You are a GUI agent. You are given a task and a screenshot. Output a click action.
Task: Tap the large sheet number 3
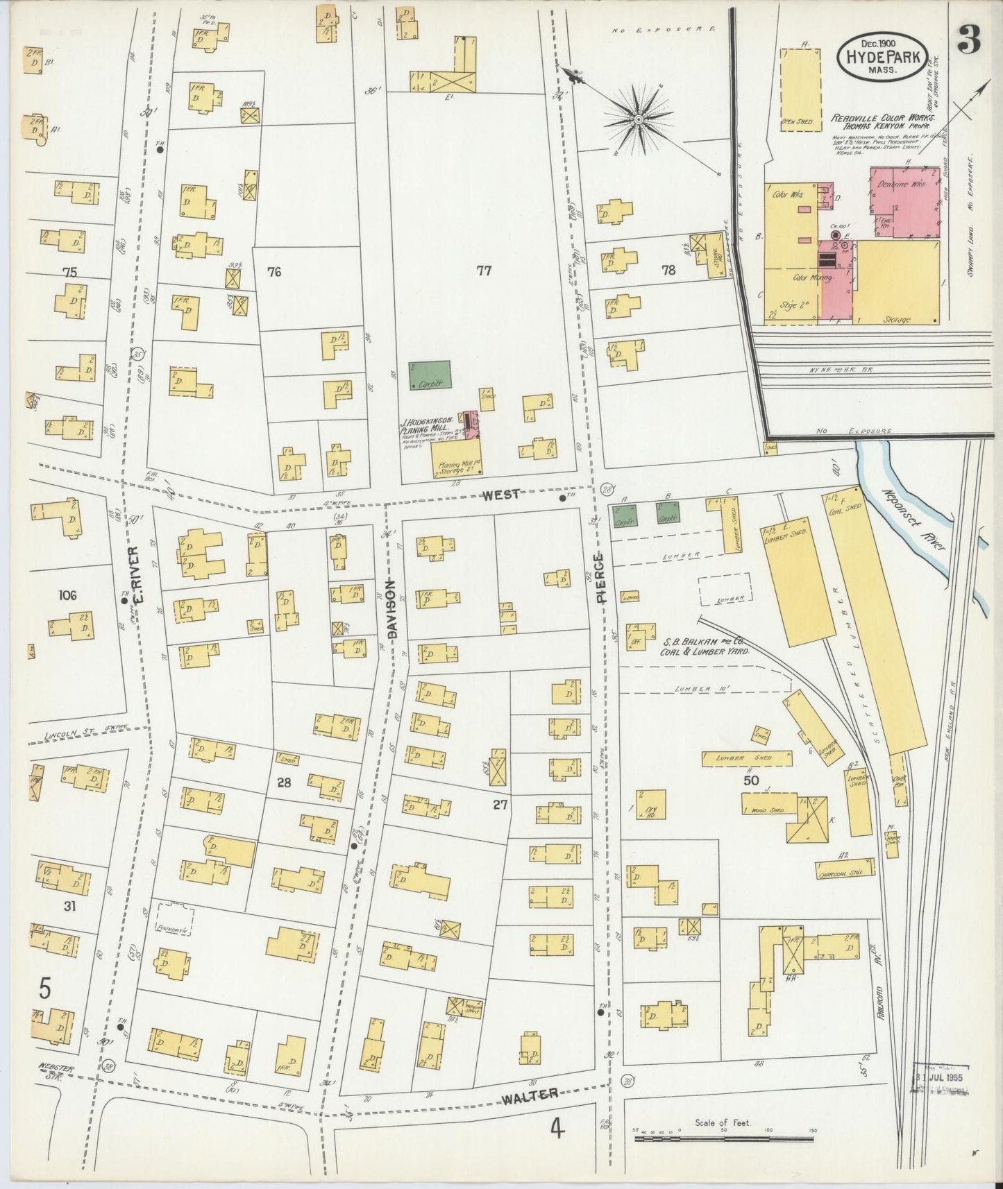pyautogui.click(x=969, y=42)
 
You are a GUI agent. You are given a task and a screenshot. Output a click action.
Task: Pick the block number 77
pyautogui.click(x=483, y=271)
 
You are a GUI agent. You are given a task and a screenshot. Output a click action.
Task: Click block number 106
pyautogui.click(x=67, y=595)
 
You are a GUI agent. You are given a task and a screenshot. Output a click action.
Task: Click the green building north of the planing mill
pyautogui.click(x=430, y=375)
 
